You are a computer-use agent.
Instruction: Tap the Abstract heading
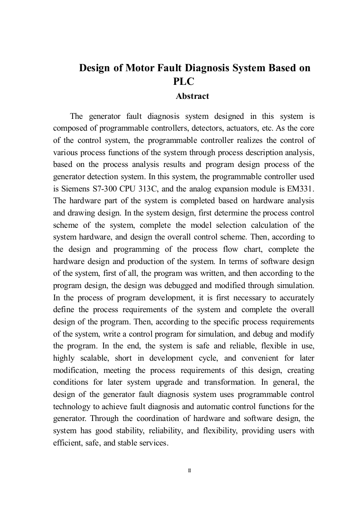pos(192,96)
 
